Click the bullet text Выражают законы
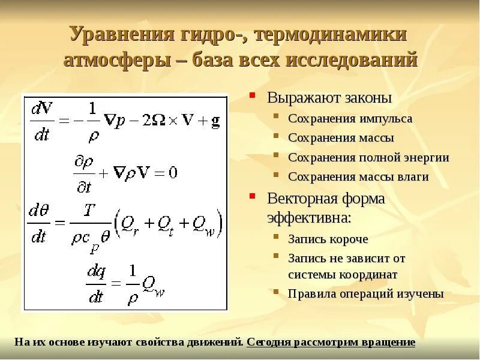[x=329, y=98]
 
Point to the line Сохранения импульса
[x=350, y=119]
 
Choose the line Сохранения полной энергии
[x=368, y=157]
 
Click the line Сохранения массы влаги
[x=358, y=177]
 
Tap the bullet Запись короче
[x=328, y=239]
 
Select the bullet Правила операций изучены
[x=365, y=294]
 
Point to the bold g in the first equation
[x=215, y=121]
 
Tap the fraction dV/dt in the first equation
[x=41, y=121]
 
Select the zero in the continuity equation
[x=173, y=173]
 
